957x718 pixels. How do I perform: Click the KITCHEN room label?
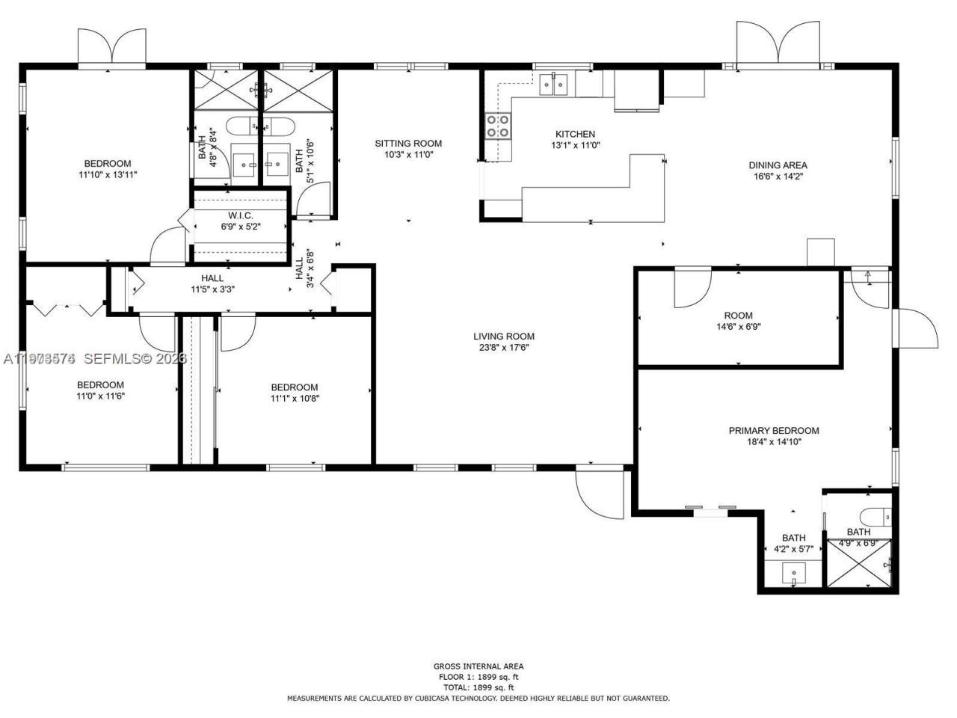(575, 134)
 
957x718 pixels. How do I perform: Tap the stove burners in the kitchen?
(498, 126)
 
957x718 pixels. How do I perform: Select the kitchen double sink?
(554, 85)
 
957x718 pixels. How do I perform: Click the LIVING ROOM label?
(504, 337)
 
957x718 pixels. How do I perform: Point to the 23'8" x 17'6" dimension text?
(504, 347)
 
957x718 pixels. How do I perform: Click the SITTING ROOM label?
(408, 144)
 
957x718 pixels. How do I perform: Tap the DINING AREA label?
(778, 165)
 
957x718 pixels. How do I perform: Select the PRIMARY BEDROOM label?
(774, 431)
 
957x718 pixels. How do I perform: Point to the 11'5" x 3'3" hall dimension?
(212, 289)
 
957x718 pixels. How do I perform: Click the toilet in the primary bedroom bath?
(875, 516)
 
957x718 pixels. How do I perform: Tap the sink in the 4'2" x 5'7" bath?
(793, 574)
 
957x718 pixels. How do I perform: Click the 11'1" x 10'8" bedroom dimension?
(295, 398)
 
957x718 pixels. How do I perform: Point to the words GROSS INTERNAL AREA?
(478, 666)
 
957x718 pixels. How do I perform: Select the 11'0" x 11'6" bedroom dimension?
(100, 396)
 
